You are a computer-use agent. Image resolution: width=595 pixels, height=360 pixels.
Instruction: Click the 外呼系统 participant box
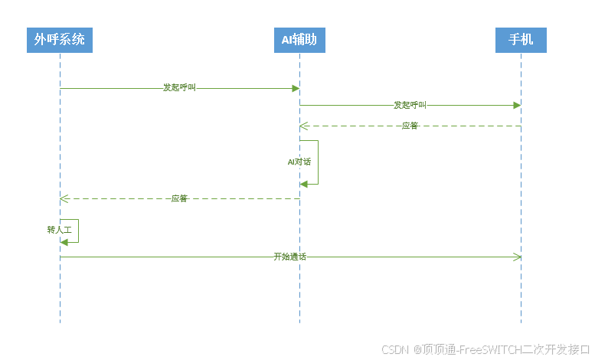(x=60, y=39)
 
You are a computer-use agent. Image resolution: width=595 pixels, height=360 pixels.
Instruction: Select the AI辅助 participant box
(x=299, y=39)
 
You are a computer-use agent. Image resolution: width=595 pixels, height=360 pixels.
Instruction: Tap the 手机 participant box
(x=521, y=39)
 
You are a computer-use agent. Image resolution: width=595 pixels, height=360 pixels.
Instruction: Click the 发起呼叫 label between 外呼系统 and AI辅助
(x=179, y=88)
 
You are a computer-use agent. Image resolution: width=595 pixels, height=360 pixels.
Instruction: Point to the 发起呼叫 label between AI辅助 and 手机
(x=410, y=105)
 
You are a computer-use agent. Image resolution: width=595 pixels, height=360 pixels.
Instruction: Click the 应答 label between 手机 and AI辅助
(x=410, y=126)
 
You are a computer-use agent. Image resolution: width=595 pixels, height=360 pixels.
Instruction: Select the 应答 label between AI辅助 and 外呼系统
(x=179, y=198)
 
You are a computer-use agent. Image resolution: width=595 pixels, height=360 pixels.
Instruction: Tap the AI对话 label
(x=299, y=162)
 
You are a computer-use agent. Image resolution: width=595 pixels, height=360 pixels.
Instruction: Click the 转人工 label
(x=59, y=229)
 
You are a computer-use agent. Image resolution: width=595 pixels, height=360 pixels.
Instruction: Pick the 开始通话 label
(x=289, y=257)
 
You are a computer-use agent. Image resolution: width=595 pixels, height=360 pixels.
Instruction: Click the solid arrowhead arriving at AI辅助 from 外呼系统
(x=296, y=88)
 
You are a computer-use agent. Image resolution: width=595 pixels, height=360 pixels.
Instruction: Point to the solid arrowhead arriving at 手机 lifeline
(x=517, y=105)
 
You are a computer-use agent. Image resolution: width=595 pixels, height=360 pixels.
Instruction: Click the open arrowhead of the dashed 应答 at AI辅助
(x=303, y=126)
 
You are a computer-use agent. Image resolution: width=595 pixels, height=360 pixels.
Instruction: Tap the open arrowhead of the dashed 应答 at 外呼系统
(x=64, y=198)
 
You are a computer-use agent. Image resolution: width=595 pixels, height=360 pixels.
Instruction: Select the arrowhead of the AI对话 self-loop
(x=304, y=184)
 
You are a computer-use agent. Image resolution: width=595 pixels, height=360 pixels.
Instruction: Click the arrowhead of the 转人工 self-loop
(x=64, y=242)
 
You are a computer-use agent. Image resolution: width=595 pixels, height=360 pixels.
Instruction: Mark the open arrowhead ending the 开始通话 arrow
(x=517, y=257)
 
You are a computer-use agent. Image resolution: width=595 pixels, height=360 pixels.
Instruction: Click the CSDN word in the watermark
(x=394, y=349)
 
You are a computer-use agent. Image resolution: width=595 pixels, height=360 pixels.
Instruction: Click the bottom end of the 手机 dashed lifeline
(x=521, y=322)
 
